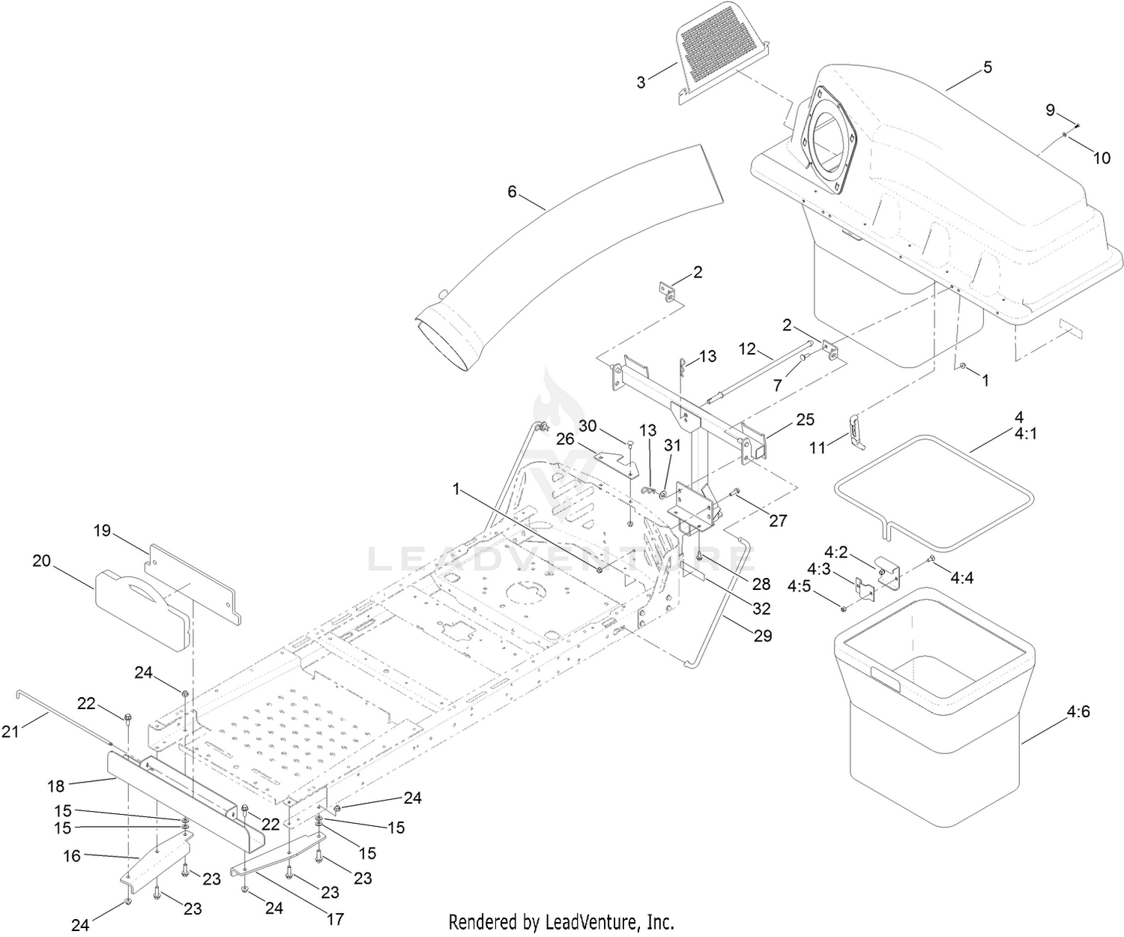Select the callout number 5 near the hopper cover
pyautogui.click(x=988, y=67)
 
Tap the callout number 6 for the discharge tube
pyautogui.click(x=512, y=192)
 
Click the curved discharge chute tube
pyautogui.click(x=569, y=247)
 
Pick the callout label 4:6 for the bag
pyautogui.click(x=1079, y=711)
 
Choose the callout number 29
pyautogui.click(x=763, y=636)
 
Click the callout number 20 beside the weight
pyautogui.click(x=42, y=561)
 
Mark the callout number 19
pyautogui.click(x=102, y=531)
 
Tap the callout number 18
pyautogui.click(x=57, y=786)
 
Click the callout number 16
pyautogui.click(x=72, y=855)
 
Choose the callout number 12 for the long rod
pyautogui.click(x=747, y=349)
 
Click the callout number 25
pyautogui.click(x=805, y=420)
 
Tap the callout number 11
pyautogui.click(x=818, y=448)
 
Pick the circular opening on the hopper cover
pyautogui.click(x=830, y=140)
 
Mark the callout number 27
pyautogui.click(x=778, y=519)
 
